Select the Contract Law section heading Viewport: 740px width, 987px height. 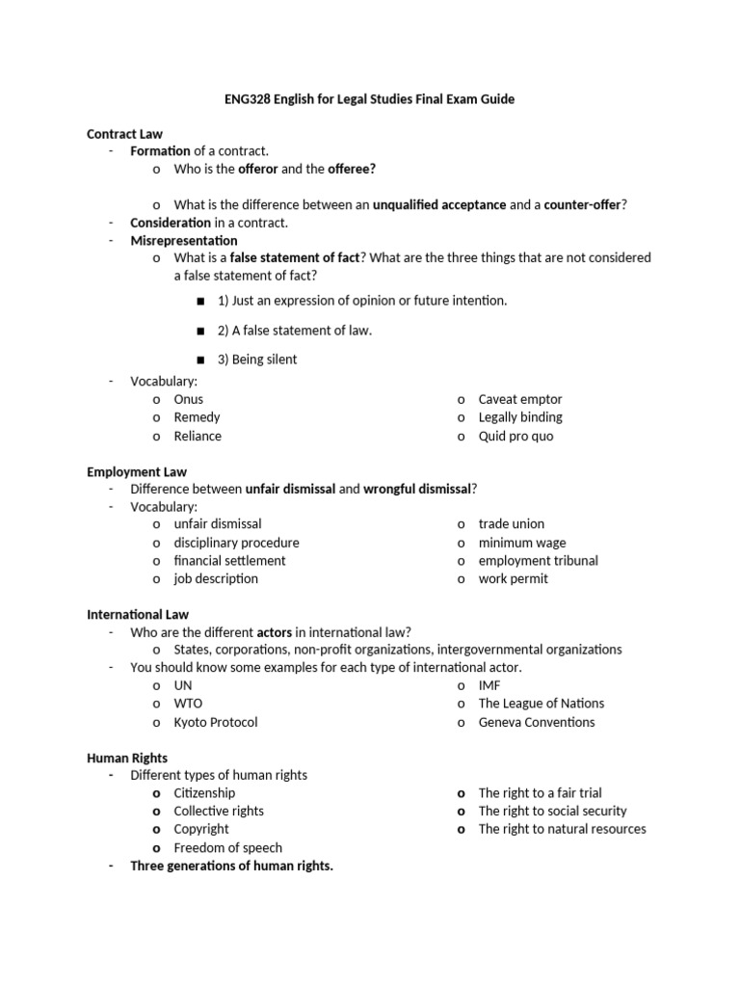point(124,134)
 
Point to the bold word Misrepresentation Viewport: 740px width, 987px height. point(184,240)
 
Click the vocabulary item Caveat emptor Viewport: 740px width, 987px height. point(520,399)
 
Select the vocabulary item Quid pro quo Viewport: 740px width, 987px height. point(515,436)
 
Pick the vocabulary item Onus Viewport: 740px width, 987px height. point(189,399)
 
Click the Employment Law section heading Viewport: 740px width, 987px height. point(137,471)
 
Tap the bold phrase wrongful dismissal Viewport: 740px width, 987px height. point(417,489)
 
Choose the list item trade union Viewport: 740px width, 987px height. point(512,523)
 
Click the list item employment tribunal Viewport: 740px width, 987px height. point(538,560)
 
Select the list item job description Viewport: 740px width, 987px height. point(216,578)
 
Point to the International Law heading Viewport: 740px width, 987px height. point(138,614)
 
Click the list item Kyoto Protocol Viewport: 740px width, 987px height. point(216,722)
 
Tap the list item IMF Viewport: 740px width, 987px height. point(489,685)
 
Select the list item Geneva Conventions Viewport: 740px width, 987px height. point(537,722)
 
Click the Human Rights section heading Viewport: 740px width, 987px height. point(127,758)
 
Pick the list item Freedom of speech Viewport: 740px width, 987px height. point(228,848)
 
